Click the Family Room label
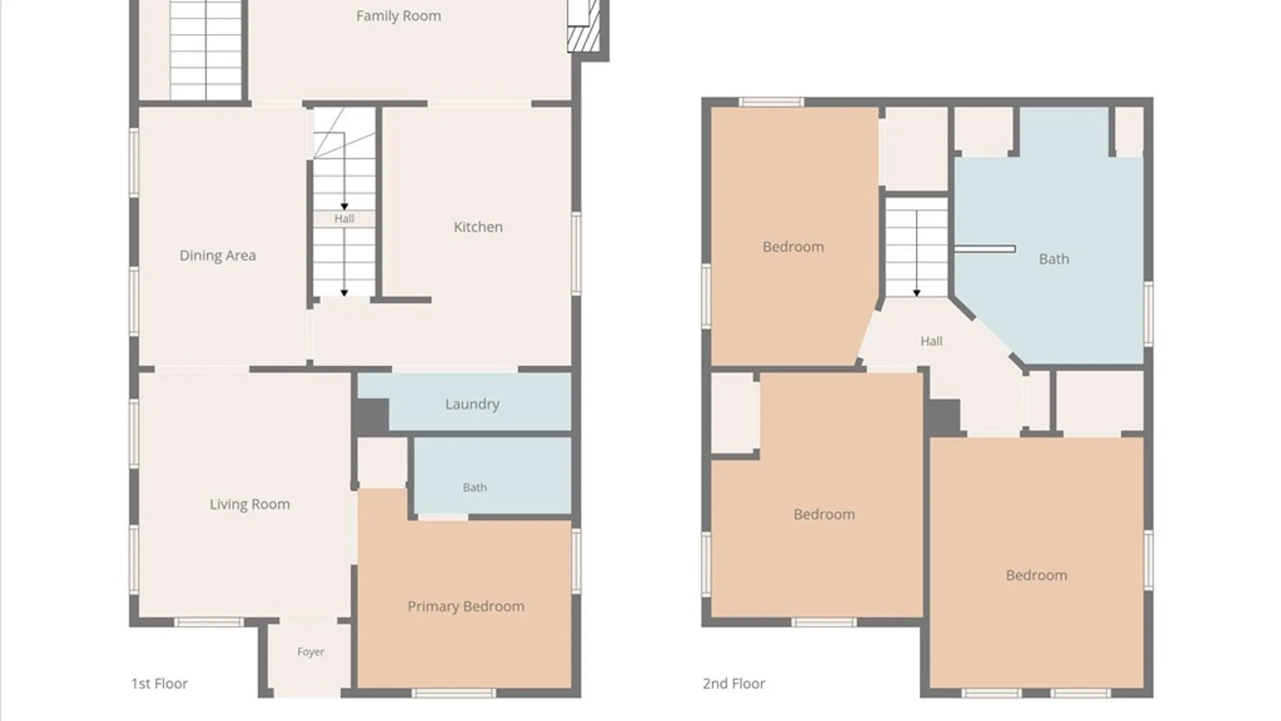coord(398,16)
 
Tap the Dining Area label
coord(218,256)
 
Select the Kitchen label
coord(478,227)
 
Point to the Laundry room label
coord(472,405)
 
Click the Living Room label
coord(250,505)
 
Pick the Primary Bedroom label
coord(466,607)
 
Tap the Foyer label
coord(310,652)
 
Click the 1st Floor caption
coord(159,684)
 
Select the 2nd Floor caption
coord(734,684)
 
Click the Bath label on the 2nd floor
coord(1053,259)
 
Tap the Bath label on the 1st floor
coord(474,487)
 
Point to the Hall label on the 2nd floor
coord(931,341)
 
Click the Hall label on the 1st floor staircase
coord(344,218)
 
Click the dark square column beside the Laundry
coord(370,415)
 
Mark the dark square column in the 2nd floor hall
coord(943,417)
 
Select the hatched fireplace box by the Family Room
coord(579,39)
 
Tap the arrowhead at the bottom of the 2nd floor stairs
coord(917,293)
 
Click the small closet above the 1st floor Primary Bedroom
coord(382,463)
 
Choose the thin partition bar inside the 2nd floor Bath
coord(985,249)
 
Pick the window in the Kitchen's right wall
coord(576,253)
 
